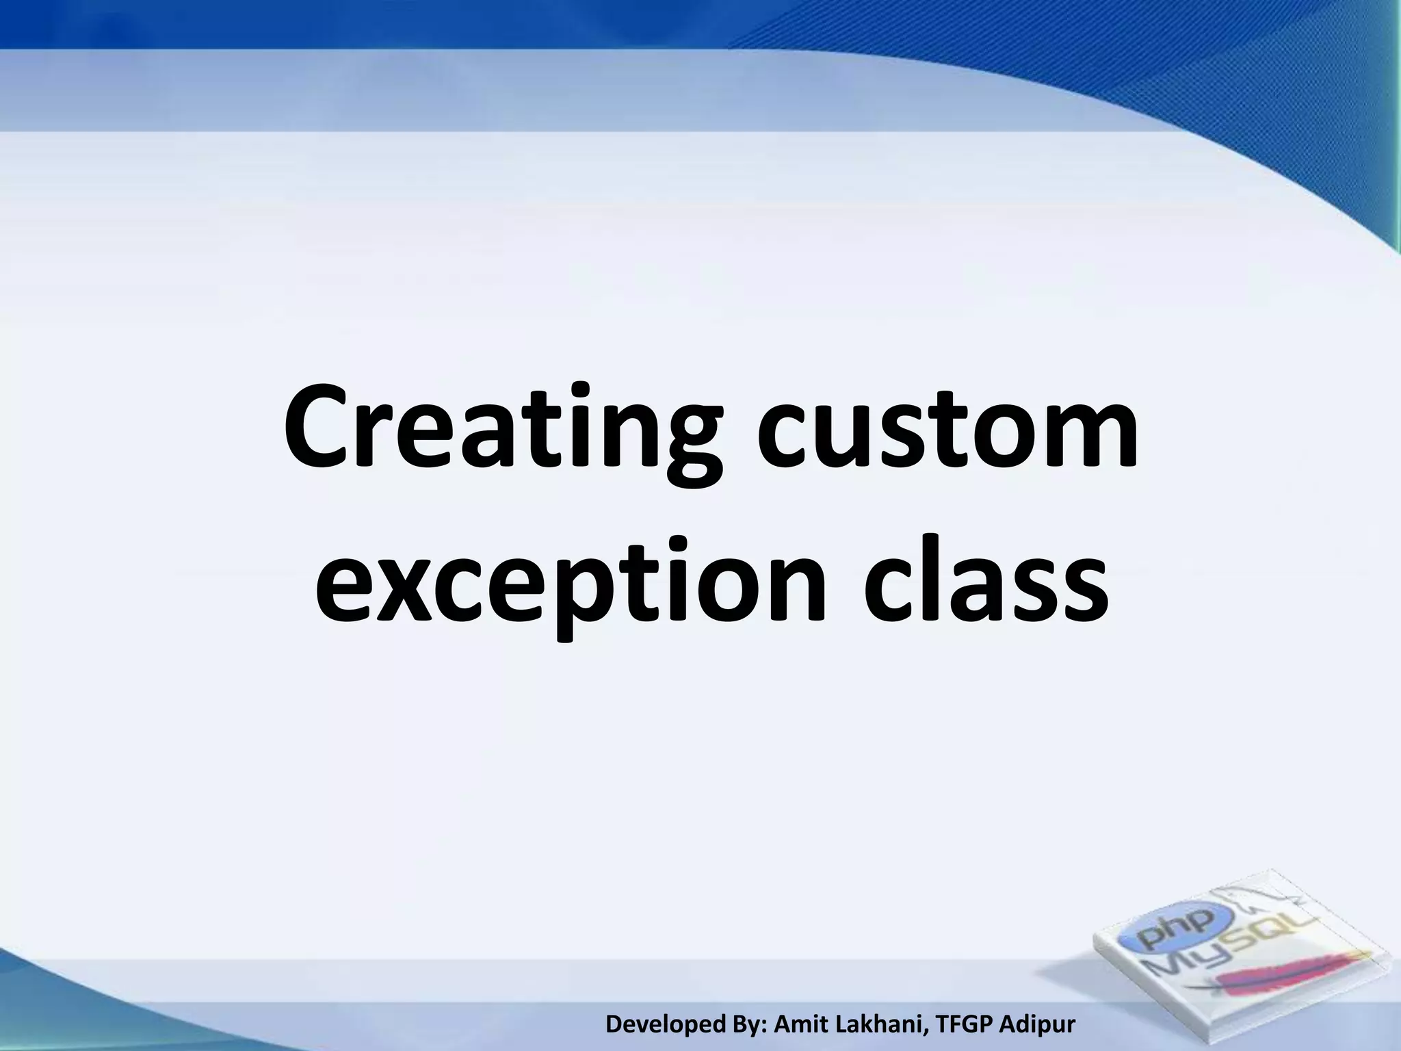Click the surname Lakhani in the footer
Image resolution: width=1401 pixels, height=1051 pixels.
tap(883, 1024)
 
